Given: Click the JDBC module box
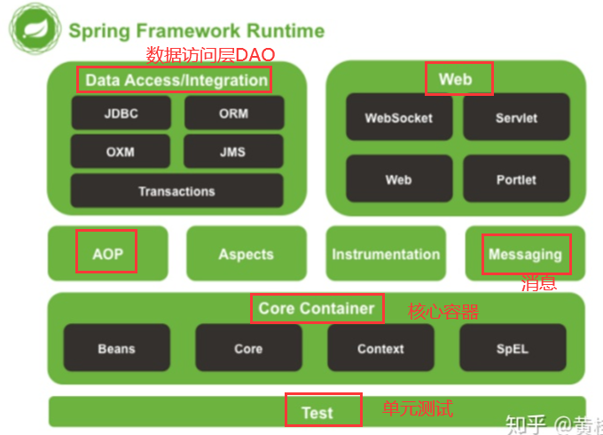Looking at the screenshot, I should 121,114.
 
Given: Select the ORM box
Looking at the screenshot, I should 234,114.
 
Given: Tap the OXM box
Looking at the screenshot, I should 121,152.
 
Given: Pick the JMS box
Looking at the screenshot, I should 234,152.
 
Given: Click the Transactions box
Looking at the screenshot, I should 176,191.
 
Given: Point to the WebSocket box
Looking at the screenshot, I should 399,118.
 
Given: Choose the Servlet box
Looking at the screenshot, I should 516,118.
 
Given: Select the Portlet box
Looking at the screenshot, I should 516,179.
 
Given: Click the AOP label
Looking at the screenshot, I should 108,255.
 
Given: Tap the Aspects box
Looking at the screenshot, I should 246,254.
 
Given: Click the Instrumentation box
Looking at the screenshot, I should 386,254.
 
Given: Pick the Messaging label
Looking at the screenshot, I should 525,255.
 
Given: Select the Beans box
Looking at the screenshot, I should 116,348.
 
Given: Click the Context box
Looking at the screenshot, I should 380,348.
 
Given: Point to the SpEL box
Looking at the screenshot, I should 513,348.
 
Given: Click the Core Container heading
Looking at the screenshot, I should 317,309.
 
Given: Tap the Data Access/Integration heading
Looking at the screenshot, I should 176,80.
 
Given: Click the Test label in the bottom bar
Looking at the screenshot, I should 317,412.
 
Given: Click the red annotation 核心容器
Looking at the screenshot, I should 443,312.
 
